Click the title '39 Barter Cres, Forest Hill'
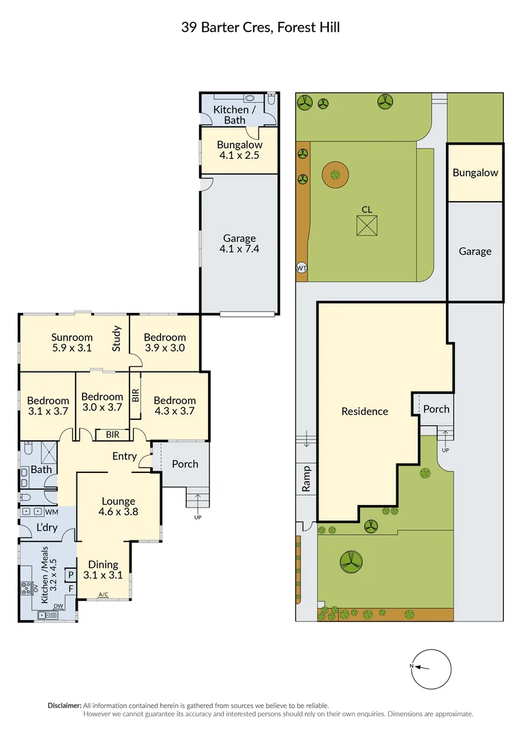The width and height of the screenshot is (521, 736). (x=260, y=27)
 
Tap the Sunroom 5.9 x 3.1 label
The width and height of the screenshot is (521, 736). (x=72, y=342)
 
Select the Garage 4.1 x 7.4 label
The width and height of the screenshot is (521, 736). (x=239, y=243)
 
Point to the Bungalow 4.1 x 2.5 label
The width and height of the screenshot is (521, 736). (x=239, y=150)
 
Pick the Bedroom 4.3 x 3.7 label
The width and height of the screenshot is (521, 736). (x=175, y=405)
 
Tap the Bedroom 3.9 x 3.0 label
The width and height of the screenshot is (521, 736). (x=164, y=342)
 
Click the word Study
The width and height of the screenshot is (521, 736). (x=117, y=339)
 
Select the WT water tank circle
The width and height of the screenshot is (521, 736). (x=301, y=268)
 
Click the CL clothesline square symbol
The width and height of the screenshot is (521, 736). (x=366, y=226)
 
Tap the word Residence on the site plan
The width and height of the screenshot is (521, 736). (x=365, y=412)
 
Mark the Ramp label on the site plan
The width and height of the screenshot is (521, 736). (x=306, y=478)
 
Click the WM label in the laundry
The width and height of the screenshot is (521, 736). (x=52, y=511)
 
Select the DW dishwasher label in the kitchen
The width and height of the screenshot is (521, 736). (x=59, y=606)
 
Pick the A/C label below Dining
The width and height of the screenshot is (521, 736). (x=103, y=595)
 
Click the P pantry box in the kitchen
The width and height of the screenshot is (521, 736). (x=70, y=574)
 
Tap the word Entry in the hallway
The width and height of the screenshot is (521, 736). (x=125, y=457)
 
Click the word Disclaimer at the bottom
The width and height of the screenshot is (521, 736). (x=64, y=705)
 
